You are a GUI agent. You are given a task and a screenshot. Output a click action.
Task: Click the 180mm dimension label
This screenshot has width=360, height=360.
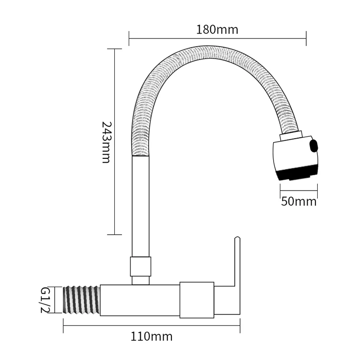(x=217, y=30)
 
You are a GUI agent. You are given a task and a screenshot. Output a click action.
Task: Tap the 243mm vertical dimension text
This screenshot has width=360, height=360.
(x=106, y=142)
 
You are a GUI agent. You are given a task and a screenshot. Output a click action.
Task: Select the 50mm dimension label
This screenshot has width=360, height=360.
(x=299, y=201)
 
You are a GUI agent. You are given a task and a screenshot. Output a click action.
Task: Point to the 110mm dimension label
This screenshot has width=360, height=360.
(x=151, y=336)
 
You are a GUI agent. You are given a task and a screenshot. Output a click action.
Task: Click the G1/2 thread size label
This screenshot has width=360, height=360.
(x=45, y=300)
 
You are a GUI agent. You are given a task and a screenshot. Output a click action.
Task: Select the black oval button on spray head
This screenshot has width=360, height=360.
(x=315, y=146)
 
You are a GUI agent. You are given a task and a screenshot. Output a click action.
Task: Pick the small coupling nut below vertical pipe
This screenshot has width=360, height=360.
(x=140, y=266)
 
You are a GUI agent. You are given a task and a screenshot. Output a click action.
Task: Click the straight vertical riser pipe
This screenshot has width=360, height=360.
(x=140, y=206)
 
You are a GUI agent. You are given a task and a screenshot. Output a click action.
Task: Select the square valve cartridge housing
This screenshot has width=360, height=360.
(x=197, y=300)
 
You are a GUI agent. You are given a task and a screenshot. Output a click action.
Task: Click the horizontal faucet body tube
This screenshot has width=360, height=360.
(x=139, y=300)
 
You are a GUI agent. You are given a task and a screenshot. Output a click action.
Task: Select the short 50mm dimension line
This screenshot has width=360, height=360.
(x=299, y=190)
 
